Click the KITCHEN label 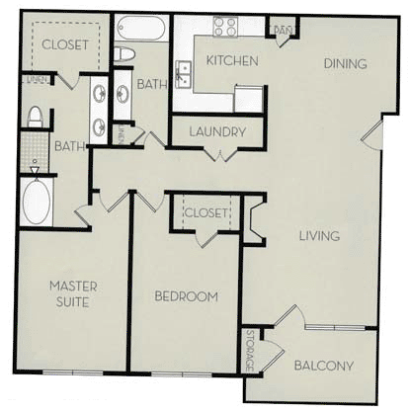pos(232,61)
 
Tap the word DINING pos(345,64)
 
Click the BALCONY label pos(324,366)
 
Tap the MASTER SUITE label pos(74,294)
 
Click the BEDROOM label pos(186,295)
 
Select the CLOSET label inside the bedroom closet pos(206,211)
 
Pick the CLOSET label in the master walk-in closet pos(66,44)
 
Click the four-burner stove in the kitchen pos(223,27)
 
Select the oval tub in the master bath pos(36,202)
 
